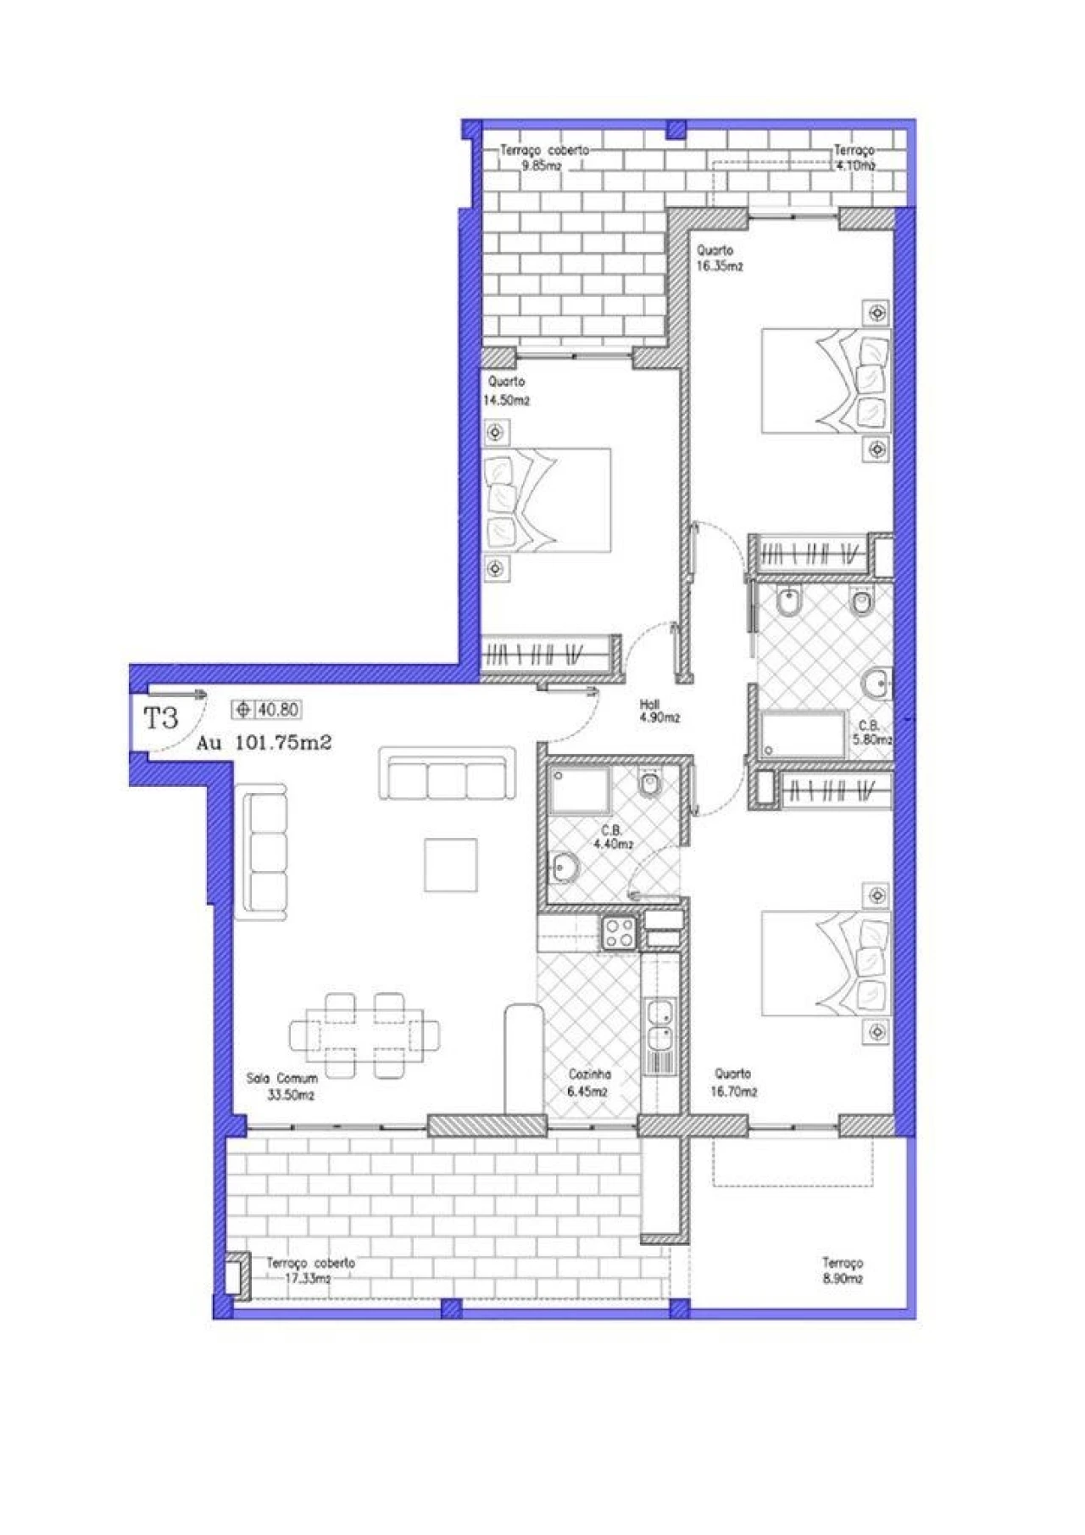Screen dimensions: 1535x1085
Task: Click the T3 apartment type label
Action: point(161,719)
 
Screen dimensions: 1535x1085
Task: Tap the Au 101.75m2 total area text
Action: point(264,743)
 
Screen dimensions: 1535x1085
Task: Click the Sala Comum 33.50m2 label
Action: point(282,1086)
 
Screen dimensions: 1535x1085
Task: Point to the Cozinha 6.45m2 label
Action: point(589,1082)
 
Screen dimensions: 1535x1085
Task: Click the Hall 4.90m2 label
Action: point(659,711)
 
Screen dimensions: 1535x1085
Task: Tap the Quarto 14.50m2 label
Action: point(507,391)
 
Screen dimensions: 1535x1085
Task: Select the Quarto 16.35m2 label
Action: point(719,258)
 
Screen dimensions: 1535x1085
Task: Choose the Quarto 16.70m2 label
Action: point(733,1082)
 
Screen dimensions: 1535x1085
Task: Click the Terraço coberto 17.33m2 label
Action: point(310,1270)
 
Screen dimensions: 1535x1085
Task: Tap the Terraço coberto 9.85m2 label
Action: point(543,158)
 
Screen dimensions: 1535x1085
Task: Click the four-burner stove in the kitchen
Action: point(619,933)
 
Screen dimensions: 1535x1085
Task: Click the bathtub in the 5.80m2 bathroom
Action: point(804,734)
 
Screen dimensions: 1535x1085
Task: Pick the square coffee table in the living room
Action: point(450,864)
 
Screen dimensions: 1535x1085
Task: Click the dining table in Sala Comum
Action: point(364,1035)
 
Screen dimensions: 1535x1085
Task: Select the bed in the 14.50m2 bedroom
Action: point(548,500)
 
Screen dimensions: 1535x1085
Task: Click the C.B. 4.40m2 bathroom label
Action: point(614,837)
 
